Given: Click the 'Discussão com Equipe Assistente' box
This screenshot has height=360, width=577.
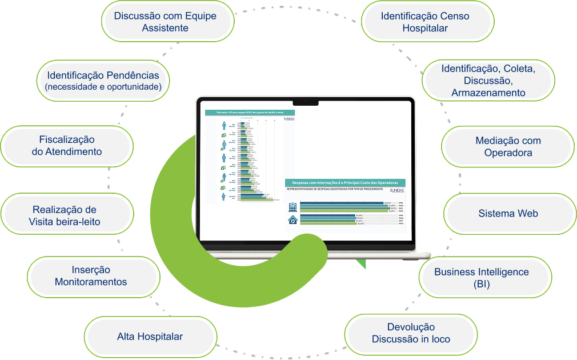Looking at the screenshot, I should click(166, 22).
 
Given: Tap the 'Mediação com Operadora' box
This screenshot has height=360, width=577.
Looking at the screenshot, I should click(508, 147).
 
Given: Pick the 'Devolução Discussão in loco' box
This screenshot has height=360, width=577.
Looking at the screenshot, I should click(411, 333).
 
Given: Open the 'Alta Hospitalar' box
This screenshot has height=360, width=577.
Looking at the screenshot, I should click(150, 337).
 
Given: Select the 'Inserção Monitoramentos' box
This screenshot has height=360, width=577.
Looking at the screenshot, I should click(91, 276).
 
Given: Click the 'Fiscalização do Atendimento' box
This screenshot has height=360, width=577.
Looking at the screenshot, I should click(67, 146).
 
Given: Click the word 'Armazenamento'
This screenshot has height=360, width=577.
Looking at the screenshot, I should click(488, 93).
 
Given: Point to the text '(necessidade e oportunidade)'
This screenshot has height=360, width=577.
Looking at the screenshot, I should click(103, 87).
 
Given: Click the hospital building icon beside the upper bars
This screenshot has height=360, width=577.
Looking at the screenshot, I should click(292, 206).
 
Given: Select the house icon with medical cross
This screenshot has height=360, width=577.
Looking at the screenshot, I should click(292, 220).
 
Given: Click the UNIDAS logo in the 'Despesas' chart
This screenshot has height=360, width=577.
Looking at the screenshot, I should click(396, 191).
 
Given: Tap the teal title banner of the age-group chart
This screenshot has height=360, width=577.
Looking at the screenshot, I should click(250, 113).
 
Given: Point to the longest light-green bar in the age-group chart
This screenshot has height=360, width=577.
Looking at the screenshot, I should click(259, 200).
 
